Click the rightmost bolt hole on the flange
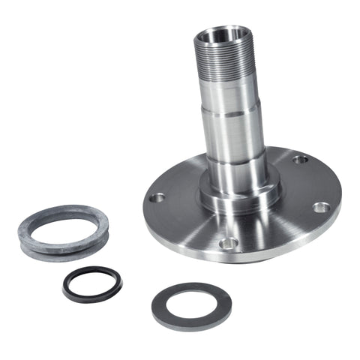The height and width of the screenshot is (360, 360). click(320, 207)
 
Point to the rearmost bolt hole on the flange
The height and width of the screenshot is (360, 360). click(299, 159)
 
